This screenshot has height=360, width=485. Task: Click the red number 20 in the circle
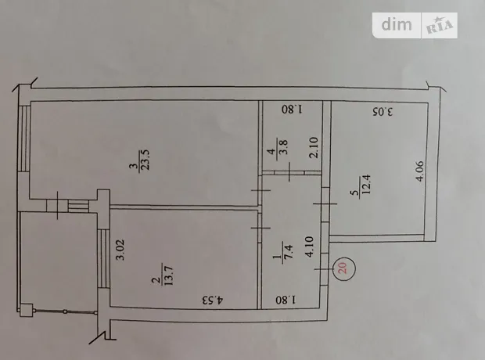343,268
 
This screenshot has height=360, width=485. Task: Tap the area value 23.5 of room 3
145,160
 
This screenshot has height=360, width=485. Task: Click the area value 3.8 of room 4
284,147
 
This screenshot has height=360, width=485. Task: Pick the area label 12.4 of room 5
367,185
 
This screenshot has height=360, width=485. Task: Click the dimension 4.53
213,300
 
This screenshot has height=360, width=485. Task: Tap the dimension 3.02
120,250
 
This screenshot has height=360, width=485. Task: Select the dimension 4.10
309,247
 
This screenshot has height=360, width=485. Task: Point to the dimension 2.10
314,147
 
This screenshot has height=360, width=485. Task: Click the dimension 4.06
420,171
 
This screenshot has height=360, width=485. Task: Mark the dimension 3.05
383,112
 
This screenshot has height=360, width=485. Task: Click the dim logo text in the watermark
397,24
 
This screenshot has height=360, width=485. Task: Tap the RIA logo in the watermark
440,25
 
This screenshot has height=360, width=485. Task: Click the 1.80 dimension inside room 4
293,110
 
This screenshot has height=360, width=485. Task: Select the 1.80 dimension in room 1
286,300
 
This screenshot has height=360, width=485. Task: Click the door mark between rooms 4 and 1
289,172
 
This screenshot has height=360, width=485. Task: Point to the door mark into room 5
325,203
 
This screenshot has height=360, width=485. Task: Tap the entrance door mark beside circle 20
324,269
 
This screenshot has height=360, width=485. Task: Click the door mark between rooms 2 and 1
260,229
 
